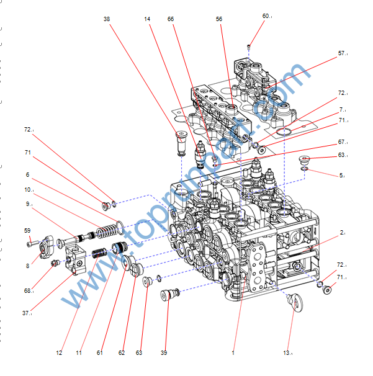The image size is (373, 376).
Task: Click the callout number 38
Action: pos(107,19)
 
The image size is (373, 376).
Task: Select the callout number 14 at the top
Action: pos(147,19)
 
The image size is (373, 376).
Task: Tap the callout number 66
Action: pos(171,19)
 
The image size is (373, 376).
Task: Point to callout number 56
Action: pos(219,19)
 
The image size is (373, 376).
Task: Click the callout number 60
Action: pos(266,16)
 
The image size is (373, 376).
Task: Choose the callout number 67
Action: pos(341,142)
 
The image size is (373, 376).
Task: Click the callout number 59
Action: pos(27,231)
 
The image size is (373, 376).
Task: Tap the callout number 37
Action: pos(26,313)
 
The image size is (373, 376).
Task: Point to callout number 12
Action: pos(59,353)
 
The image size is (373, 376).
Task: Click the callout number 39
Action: pos(164,353)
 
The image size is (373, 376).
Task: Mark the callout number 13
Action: pos(287,353)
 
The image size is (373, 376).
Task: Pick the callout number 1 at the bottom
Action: pos(233,353)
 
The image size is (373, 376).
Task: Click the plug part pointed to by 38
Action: pos(181,143)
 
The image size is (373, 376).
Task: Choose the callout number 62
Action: pos(122,353)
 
